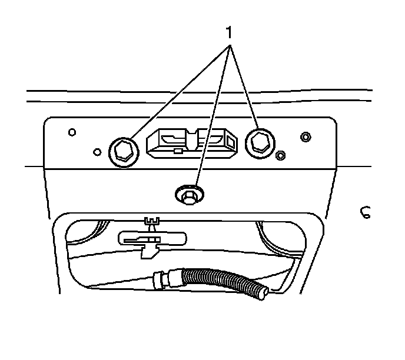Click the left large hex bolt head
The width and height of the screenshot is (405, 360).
pyautogui.click(x=123, y=151)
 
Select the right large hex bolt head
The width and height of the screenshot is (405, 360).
pyautogui.click(x=258, y=141)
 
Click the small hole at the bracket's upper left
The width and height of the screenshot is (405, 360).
pyautogui.click(x=72, y=132)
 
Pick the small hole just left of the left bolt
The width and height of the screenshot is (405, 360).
pyautogui.click(x=98, y=151)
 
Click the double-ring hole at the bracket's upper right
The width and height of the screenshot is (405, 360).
pyautogui.click(x=305, y=137)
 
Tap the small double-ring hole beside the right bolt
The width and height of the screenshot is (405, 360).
pyautogui.click(x=281, y=155)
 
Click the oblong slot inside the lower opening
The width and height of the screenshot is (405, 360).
pyautogui.click(x=152, y=238)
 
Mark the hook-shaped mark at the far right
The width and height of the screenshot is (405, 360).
pyautogui.click(x=365, y=212)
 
